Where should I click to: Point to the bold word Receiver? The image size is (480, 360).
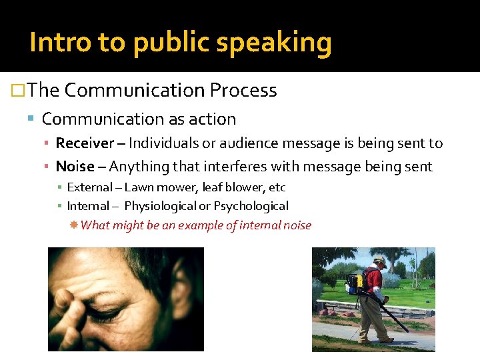pyautogui.click(x=85, y=143)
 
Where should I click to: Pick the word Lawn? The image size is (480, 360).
pyautogui.click(x=138, y=187)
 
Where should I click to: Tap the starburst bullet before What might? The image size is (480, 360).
pyautogui.click(x=74, y=225)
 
